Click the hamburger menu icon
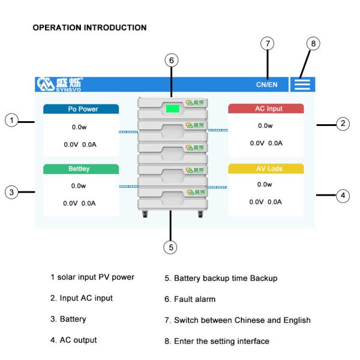click(x=302, y=85)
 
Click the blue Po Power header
click(x=81, y=109)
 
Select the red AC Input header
click(x=266, y=109)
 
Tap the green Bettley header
click(x=81, y=169)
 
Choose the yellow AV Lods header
click(x=266, y=169)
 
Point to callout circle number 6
click(x=172, y=61)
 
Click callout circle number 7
click(x=268, y=44)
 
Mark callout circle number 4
click(x=342, y=195)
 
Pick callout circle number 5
click(x=171, y=246)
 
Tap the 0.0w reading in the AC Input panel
click(x=265, y=125)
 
